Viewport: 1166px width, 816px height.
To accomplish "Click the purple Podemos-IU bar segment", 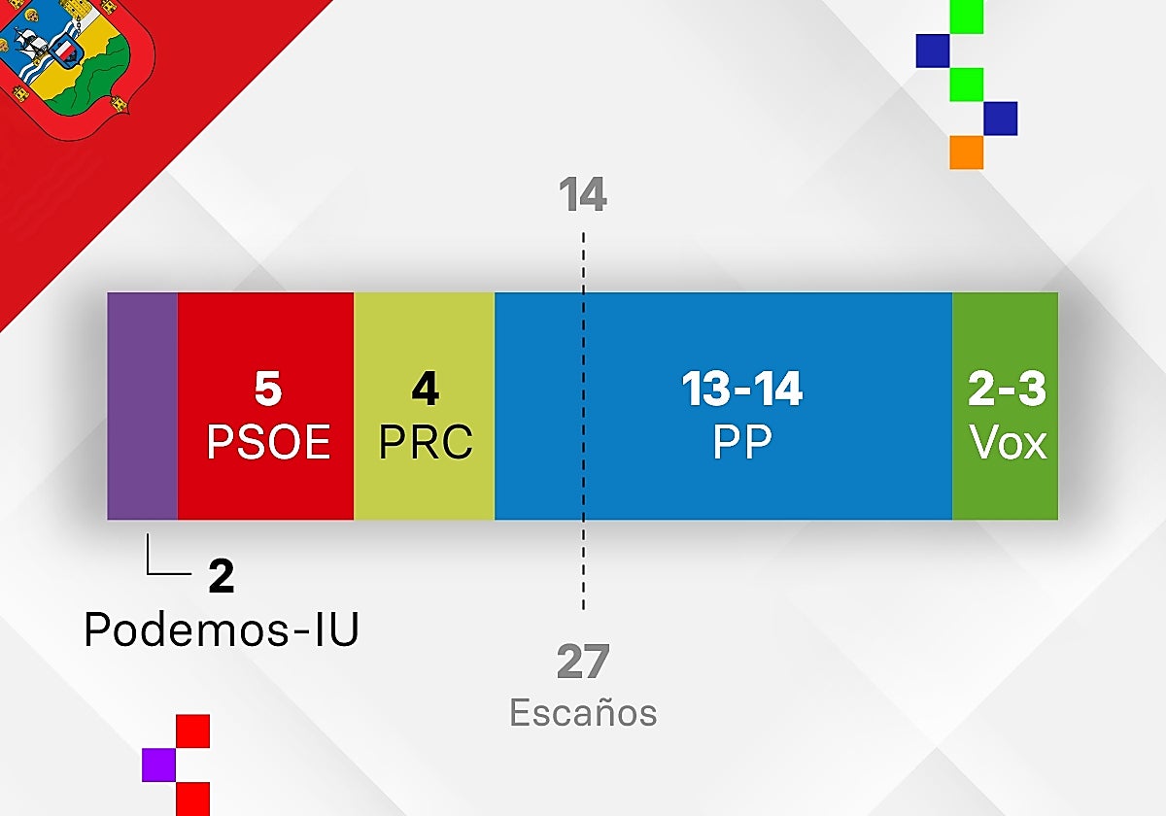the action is click(x=142, y=406).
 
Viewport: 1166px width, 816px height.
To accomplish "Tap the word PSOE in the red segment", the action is click(x=268, y=442).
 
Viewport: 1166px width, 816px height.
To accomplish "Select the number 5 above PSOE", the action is click(x=268, y=389).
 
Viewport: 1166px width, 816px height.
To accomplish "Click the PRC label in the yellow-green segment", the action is click(x=426, y=442).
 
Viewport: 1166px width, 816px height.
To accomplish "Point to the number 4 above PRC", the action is click(x=426, y=389).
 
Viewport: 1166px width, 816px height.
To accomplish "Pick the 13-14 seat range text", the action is click(x=742, y=389).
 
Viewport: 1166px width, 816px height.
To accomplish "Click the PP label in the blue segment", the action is click(x=742, y=442).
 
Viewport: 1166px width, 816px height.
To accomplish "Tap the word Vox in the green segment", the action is click(x=1008, y=442).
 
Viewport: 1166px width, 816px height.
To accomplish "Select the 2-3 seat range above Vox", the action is click(x=1007, y=389).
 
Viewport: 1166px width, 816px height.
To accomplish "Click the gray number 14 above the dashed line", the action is click(x=582, y=194).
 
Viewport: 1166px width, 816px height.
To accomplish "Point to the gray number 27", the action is click(x=582, y=661).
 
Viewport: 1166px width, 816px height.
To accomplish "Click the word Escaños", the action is click(x=583, y=712).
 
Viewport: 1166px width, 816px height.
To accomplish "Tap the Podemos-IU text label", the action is click(x=222, y=629).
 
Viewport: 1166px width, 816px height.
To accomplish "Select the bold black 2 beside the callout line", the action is click(x=222, y=576).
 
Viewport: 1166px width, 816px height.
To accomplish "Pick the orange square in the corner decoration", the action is click(x=967, y=153).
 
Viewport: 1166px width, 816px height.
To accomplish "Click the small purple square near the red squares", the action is click(x=158, y=765).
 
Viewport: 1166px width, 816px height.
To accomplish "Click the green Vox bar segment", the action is click(x=1005, y=406).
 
